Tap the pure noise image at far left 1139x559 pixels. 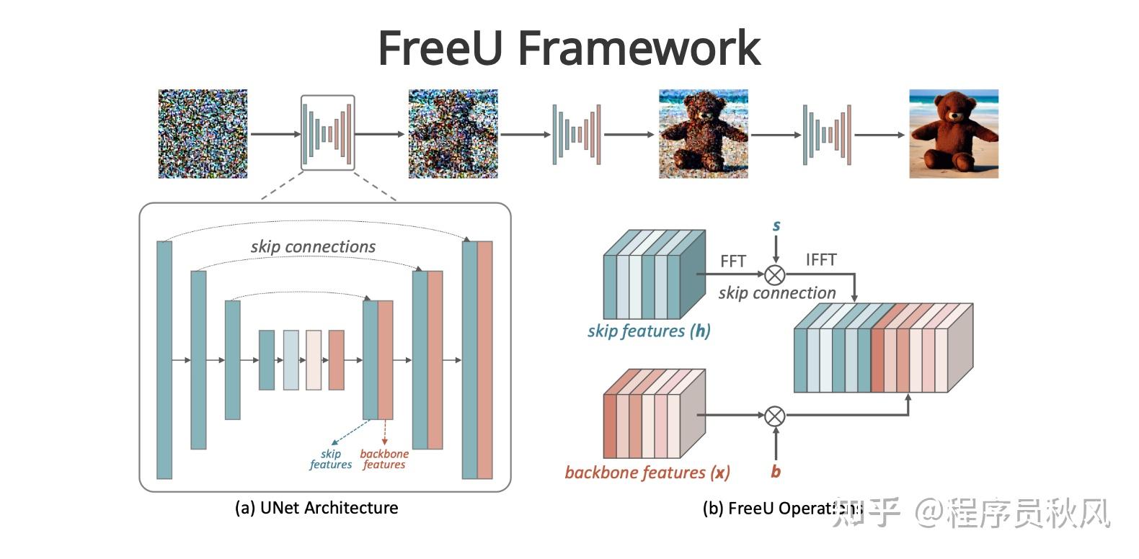click(203, 134)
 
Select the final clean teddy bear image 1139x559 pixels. click(953, 134)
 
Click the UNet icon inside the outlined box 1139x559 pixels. click(327, 133)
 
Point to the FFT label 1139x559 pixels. click(732, 261)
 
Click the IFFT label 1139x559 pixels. click(820, 259)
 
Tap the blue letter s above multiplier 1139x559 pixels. click(776, 225)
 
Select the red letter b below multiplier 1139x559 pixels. click(775, 472)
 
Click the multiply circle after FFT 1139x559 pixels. click(775, 274)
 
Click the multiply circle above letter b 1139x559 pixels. click(775, 416)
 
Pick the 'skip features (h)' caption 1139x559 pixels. click(648, 331)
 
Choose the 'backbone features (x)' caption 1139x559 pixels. click(647, 473)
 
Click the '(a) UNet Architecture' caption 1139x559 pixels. click(316, 508)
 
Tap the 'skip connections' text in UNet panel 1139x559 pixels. click(313, 246)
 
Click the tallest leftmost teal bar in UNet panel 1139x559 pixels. click(164, 359)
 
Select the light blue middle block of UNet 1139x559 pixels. click(291, 359)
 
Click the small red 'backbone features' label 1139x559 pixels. click(384, 459)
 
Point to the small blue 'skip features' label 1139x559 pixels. click(330, 459)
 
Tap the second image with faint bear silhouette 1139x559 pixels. click(453, 134)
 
